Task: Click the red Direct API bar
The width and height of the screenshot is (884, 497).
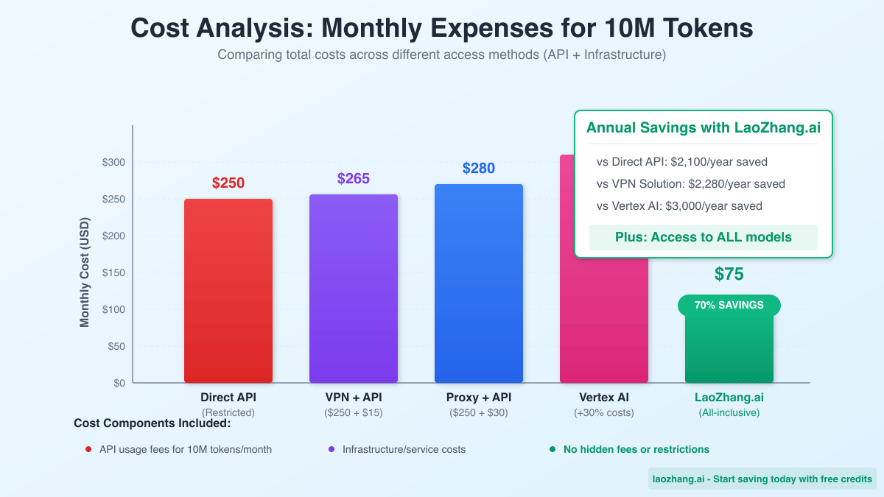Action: pos(228,291)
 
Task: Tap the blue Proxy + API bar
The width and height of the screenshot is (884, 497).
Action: pos(479,283)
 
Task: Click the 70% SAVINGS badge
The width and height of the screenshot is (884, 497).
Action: pos(729,305)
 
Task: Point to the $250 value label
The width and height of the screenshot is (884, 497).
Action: pos(228,183)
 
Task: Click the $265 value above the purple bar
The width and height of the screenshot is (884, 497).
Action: pos(354,178)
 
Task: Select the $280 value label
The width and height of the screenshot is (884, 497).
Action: pos(479,168)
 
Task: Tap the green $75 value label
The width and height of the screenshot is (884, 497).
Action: pos(729,275)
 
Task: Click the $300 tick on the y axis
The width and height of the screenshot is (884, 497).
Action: pos(113,162)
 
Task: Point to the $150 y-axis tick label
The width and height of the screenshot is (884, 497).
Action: pos(113,272)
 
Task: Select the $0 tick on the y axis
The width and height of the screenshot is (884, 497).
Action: pos(119,383)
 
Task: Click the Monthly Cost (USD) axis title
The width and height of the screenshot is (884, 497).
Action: pos(85,272)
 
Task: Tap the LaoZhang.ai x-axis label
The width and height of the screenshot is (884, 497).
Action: pos(729,398)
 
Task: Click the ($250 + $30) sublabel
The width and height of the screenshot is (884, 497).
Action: pos(479,413)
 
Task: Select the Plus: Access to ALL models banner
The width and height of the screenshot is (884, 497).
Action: pos(703,237)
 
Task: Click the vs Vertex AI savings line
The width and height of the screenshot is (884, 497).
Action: pos(679,206)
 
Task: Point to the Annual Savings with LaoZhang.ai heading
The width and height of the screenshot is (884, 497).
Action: pos(703,127)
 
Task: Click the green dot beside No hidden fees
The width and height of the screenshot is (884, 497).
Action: pos(552,449)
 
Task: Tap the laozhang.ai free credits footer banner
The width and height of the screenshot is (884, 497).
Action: pos(762,479)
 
